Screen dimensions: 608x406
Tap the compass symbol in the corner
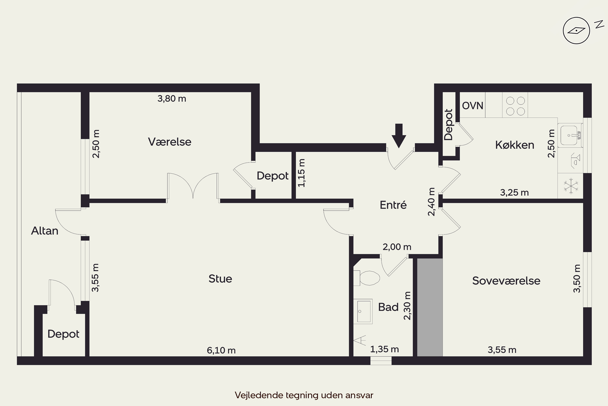(x=576, y=31)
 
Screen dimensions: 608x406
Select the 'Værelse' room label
(x=170, y=142)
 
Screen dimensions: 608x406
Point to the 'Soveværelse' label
(x=506, y=281)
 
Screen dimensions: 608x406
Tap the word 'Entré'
(x=393, y=205)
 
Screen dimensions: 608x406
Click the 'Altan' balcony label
(x=44, y=231)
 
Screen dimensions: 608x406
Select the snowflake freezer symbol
(x=571, y=186)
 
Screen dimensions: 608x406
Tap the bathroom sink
(x=363, y=311)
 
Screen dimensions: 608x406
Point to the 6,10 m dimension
(x=221, y=350)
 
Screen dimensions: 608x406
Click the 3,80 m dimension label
(x=172, y=99)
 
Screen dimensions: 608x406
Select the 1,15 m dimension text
(x=301, y=173)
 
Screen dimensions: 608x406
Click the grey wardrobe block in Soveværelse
(x=430, y=307)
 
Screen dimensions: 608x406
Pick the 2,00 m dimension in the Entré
(x=397, y=247)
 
